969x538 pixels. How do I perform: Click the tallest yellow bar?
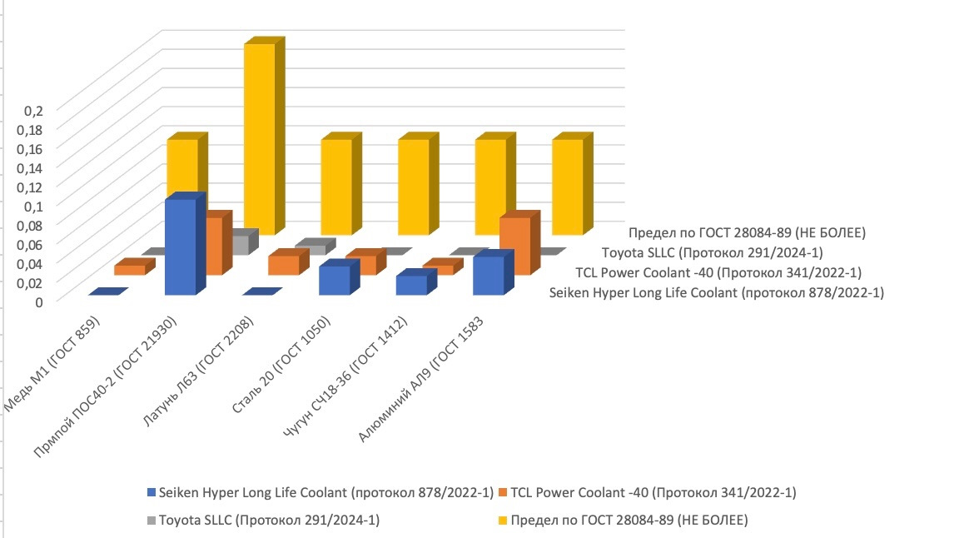point(259,137)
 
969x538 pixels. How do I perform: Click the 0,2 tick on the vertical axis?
point(32,110)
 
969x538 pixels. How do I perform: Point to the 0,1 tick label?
point(32,206)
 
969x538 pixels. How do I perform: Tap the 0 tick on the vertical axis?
point(37,301)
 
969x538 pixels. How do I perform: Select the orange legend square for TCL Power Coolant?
point(503,491)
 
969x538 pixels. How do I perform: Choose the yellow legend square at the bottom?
point(503,521)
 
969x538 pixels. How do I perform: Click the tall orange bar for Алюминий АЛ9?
point(514,246)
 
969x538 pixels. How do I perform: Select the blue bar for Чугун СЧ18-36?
point(411,285)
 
